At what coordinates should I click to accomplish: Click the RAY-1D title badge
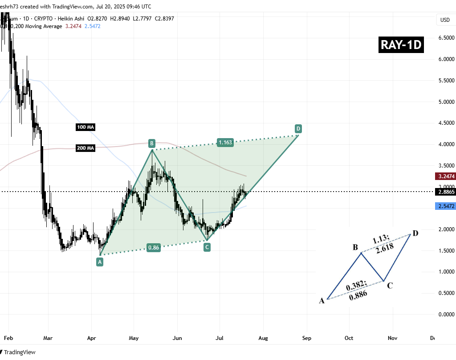coord(400,45)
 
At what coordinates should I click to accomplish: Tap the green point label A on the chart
coord(100,262)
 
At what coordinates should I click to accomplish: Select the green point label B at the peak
coord(152,143)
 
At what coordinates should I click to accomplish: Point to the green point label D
coord(298,129)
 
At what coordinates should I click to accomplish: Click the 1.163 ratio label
coord(225,143)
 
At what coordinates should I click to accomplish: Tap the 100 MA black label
coord(85,127)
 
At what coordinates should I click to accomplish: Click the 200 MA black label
coord(85,148)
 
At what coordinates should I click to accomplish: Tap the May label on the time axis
coord(134,338)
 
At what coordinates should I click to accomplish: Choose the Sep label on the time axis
coord(306,338)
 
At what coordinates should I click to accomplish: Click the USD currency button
coord(445,20)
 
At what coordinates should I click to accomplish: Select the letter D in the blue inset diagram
coord(415,233)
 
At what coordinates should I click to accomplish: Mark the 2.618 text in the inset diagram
coord(384,250)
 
